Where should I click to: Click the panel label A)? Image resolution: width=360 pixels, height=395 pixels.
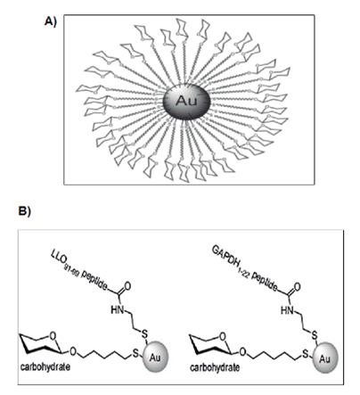coord(50,21)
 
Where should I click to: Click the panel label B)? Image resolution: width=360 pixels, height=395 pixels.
coord(25,211)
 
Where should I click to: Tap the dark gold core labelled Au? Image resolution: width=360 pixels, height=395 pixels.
coord(186,101)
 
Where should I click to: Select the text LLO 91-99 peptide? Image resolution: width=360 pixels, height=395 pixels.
coord(79,271)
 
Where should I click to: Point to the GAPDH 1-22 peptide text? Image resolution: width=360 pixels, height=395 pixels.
coord(245,268)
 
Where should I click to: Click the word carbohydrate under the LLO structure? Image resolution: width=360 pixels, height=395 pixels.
coord(45,366)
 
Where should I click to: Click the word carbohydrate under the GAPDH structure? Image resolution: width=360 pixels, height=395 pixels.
coord(215,367)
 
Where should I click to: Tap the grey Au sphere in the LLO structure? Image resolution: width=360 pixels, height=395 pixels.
coord(155,357)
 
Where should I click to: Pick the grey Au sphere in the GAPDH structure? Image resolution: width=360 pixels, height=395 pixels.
coord(325,358)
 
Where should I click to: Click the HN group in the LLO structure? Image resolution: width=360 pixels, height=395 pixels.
coord(118,310)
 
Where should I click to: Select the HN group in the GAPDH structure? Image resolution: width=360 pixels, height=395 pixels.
coord(287,310)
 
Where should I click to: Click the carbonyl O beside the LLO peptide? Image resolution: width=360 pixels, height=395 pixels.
coord(127,286)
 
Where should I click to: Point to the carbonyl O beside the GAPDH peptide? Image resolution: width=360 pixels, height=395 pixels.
coord(297,287)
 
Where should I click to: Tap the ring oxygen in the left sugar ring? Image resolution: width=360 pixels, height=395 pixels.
coord(53,336)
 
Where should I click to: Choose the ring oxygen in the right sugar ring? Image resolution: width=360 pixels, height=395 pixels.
coord(223,336)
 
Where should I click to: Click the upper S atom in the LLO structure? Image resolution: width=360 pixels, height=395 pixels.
coord(144,334)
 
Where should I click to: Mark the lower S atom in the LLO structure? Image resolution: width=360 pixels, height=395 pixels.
coord(135,353)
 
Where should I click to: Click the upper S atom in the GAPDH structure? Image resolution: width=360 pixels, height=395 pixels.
coord(315,335)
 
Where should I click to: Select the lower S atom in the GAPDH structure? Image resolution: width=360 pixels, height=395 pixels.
coord(305,354)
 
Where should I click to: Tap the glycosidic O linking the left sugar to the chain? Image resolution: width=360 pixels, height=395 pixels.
coord(73,352)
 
